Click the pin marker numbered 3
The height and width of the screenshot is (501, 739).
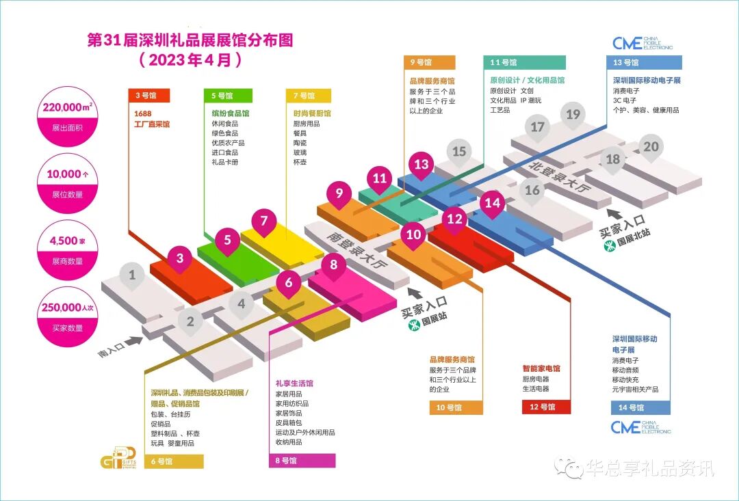(180, 258)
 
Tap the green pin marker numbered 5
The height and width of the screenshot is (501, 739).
(227, 240)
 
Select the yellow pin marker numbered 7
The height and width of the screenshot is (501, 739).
(263, 221)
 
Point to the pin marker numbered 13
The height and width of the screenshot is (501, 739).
(421, 165)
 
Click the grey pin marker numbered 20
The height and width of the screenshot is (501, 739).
(651, 147)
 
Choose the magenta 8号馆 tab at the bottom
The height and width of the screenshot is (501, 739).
(302, 461)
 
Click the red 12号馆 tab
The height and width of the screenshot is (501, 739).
(543, 407)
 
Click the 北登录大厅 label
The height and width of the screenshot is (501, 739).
(558, 177)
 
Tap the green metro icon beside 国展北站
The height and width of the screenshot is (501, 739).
(609, 242)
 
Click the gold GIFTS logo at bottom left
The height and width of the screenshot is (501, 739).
(114, 459)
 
